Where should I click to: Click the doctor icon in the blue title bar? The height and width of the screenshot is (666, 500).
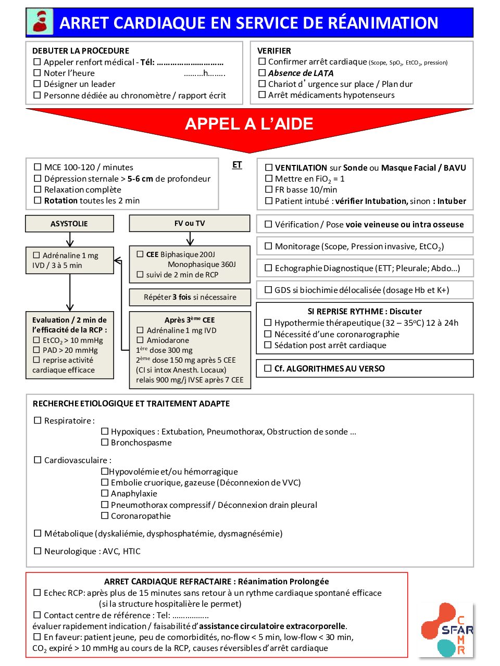(x=40, y=22)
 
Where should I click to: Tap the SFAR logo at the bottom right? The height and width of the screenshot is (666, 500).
(x=447, y=630)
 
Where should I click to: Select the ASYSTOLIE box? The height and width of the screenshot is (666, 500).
(x=69, y=224)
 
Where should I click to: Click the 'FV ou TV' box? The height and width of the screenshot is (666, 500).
(x=190, y=223)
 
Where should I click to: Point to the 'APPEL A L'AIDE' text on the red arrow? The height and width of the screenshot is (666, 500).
(x=249, y=124)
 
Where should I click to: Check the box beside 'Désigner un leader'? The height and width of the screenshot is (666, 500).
(x=37, y=84)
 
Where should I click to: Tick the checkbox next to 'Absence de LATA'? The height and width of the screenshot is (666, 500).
(x=262, y=73)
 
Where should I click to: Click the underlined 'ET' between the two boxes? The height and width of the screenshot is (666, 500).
(x=237, y=165)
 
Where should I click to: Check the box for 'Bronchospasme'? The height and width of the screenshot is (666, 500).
(x=105, y=442)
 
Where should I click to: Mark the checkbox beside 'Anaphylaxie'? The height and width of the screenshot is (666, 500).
(x=105, y=493)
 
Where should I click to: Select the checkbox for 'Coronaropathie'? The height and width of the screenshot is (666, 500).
(x=105, y=516)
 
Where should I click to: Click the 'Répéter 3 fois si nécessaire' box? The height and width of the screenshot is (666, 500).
(x=190, y=297)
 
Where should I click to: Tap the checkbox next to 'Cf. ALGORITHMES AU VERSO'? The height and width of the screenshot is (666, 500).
(x=268, y=368)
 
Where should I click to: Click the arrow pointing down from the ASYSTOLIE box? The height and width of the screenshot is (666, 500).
(x=70, y=240)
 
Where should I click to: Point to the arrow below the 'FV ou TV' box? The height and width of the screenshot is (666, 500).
(x=190, y=239)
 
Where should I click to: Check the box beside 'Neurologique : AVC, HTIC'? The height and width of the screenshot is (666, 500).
(x=37, y=551)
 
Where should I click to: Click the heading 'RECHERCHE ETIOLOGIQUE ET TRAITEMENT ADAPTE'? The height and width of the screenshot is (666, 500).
(x=131, y=404)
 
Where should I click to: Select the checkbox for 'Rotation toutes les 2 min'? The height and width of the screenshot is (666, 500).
(x=37, y=200)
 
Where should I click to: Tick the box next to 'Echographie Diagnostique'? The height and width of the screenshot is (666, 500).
(x=269, y=268)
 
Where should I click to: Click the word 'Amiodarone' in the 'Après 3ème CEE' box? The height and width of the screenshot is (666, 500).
(x=168, y=340)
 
